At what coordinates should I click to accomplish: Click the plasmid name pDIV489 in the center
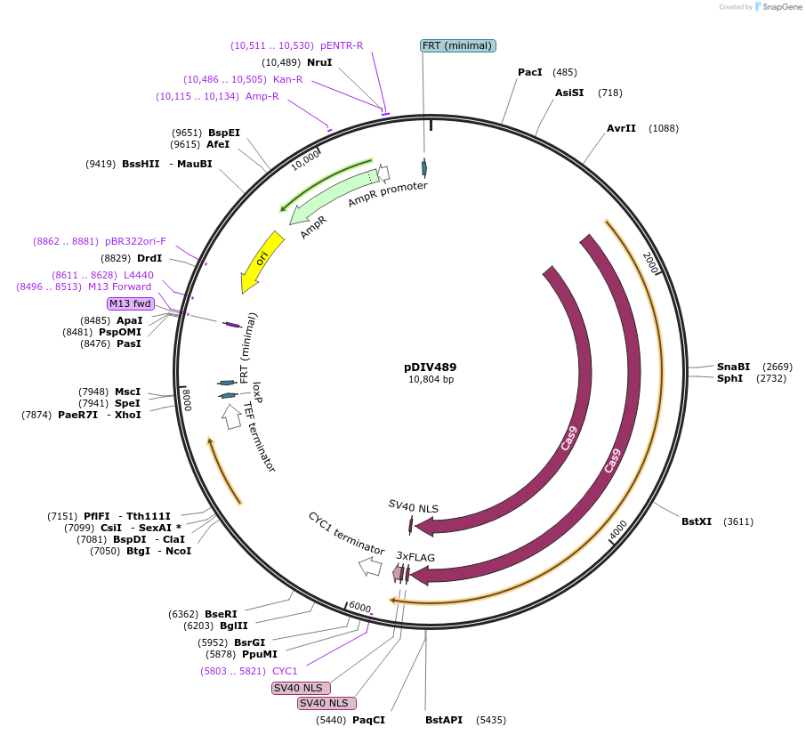point(430,367)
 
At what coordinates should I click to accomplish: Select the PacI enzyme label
point(530,72)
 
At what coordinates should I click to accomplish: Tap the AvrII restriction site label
point(621,128)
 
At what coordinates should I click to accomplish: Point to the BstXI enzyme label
point(697,521)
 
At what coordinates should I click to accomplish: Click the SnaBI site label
point(733,367)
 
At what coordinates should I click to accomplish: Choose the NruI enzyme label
point(319,62)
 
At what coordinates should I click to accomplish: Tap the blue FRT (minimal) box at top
point(457,45)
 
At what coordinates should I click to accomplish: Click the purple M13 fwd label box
point(130,303)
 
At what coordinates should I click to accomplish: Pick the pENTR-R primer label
point(342,45)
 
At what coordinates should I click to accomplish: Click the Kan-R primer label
point(287,79)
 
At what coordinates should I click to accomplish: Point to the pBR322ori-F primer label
point(135,241)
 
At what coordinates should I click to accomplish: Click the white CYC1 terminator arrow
point(369,566)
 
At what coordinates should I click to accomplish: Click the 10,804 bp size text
point(431,380)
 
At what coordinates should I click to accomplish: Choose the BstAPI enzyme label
point(444,720)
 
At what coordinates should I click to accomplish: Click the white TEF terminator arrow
point(231,416)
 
